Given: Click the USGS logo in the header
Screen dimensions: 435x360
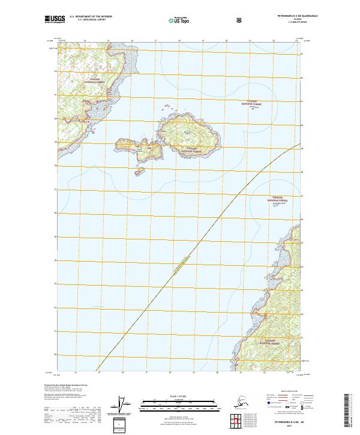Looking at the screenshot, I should click(54, 20).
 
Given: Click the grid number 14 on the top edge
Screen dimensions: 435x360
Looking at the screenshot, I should click(85, 41).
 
